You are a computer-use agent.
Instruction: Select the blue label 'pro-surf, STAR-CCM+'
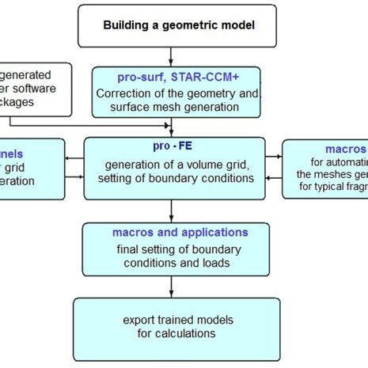click(171, 78)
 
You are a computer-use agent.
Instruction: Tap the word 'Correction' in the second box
click(123, 93)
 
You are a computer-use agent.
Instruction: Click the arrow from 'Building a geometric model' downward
click(171, 56)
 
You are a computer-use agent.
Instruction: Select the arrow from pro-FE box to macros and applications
click(171, 211)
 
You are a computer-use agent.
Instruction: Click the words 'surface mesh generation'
click(171, 106)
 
